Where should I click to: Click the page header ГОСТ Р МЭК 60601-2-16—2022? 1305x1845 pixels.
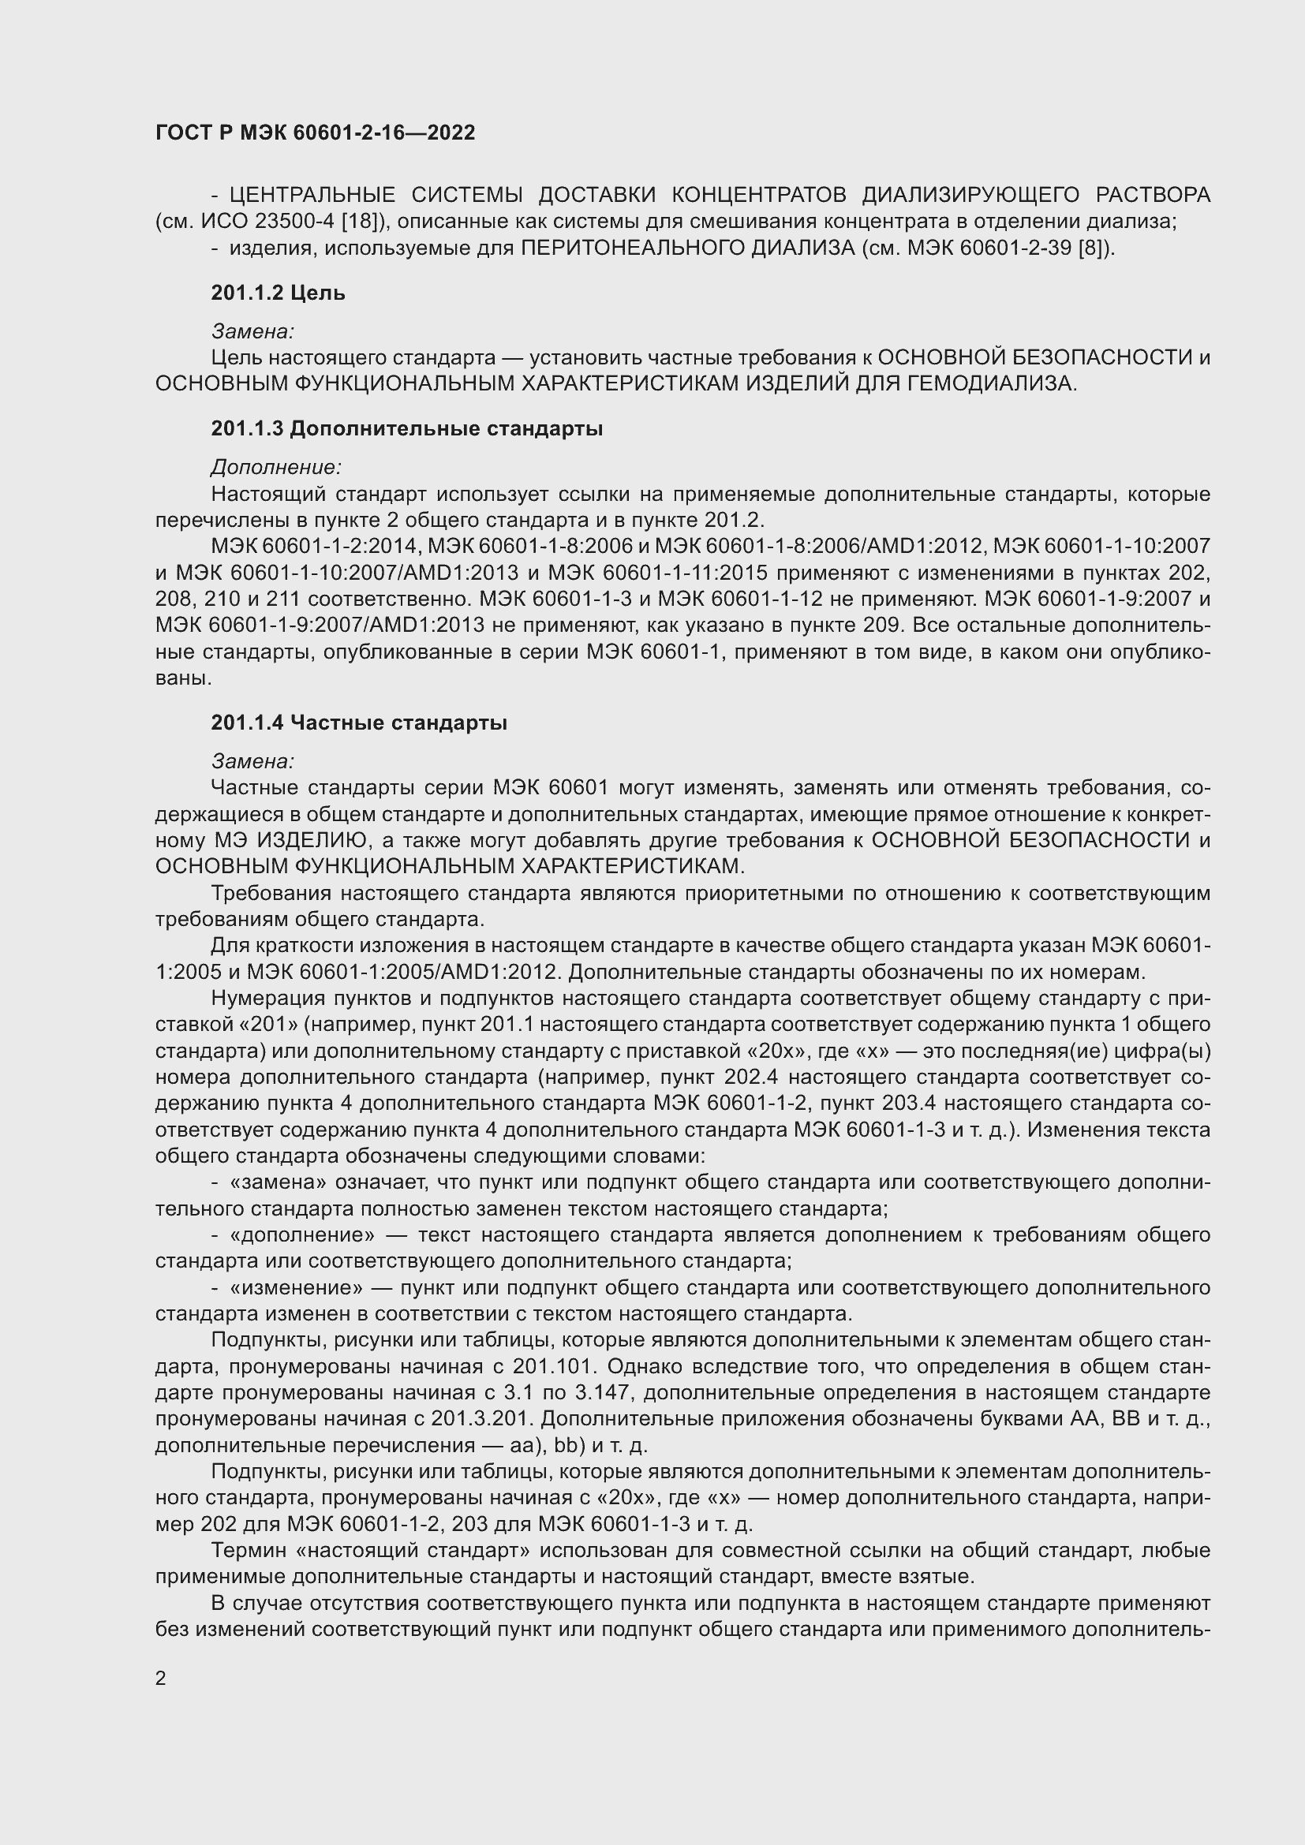coord(315,133)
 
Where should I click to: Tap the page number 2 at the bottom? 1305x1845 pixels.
coord(161,1678)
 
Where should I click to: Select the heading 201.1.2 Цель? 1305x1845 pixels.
coord(278,293)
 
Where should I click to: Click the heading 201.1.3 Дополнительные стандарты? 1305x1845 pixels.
coord(406,429)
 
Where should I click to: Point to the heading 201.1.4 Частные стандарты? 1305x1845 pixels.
coord(358,723)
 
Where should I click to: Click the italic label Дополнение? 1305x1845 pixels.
coord(276,467)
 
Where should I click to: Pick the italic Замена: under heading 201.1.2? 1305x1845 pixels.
coord(252,331)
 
